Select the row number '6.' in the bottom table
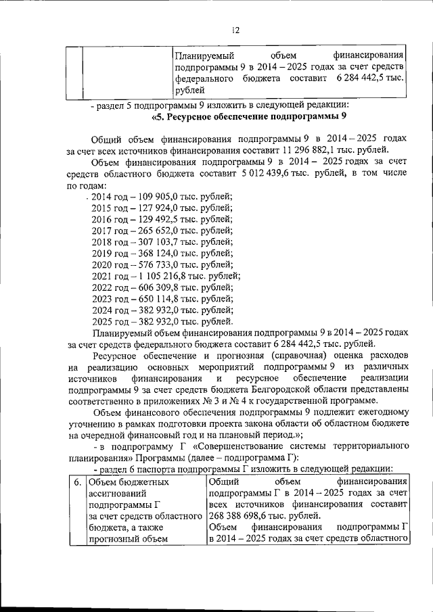click(78, 482)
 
